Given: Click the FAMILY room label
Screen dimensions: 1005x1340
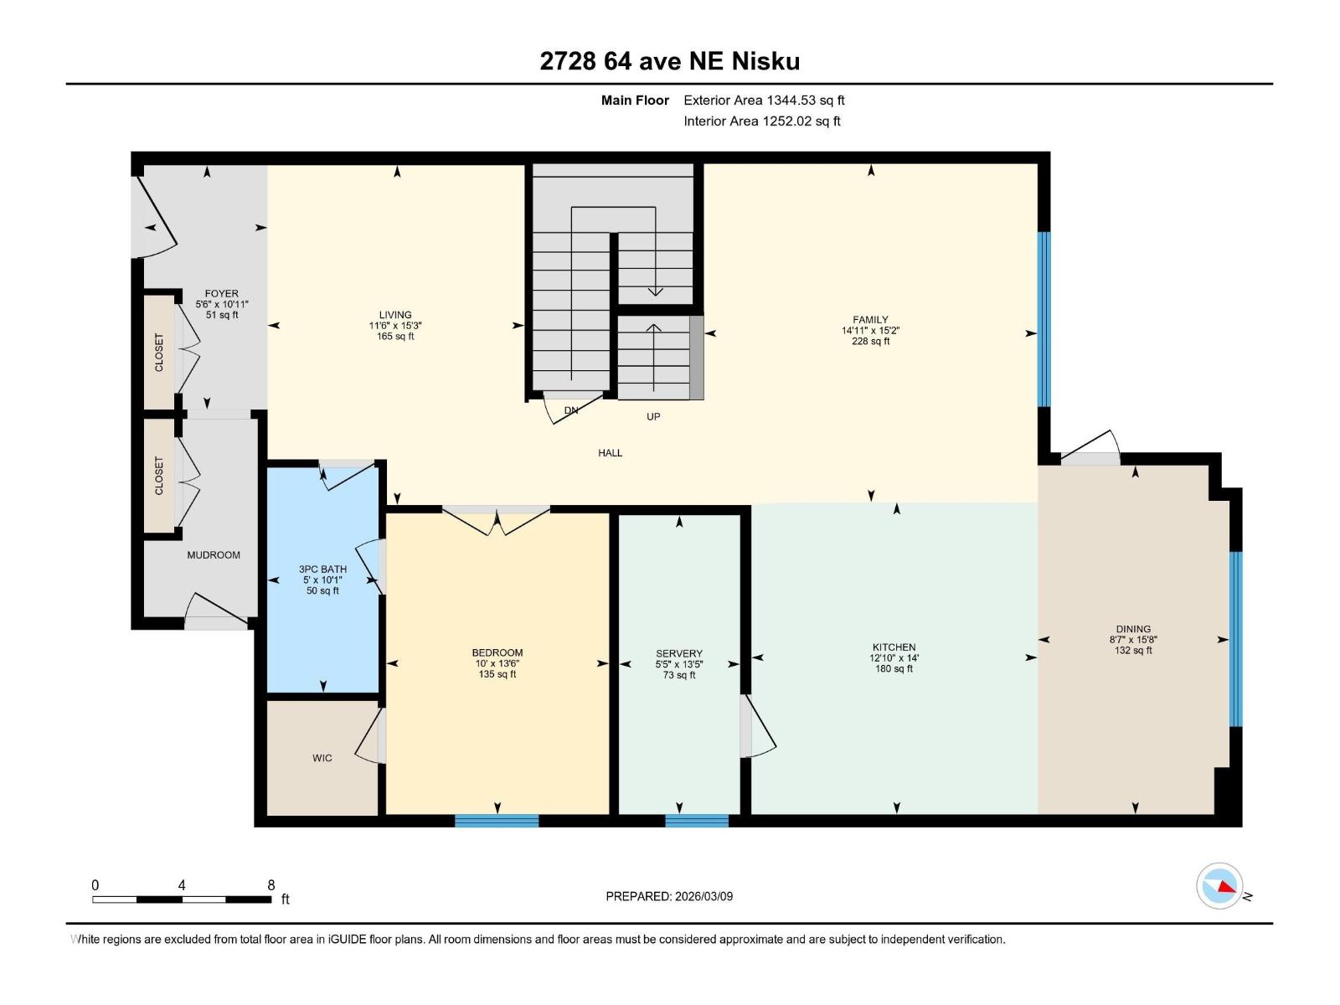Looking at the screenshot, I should (870, 319).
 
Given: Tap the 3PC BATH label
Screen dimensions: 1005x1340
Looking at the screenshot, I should (322, 569).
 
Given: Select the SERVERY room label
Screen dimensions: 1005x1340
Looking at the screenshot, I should (679, 653).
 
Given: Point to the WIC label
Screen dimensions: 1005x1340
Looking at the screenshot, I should (322, 758).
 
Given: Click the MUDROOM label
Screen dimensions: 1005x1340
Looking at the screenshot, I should (214, 554).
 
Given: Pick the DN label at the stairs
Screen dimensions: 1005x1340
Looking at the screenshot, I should (571, 410).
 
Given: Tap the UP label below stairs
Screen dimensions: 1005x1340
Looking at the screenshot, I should (653, 416).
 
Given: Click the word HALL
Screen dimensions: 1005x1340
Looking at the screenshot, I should (610, 452).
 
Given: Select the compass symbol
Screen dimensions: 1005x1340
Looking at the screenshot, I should (1219, 886).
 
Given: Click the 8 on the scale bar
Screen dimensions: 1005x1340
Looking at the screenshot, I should (271, 884).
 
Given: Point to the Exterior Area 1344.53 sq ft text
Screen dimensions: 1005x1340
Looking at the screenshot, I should (764, 100).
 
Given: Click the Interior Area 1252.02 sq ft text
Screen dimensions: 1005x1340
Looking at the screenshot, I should (761, 121).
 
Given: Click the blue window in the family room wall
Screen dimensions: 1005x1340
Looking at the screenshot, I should (1044, 318).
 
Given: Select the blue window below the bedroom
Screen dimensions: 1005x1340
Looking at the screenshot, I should (497, 821).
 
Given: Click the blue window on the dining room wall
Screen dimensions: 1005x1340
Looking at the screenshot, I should (1235, 638).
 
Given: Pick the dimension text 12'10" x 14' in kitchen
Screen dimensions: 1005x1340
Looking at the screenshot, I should (894, 658).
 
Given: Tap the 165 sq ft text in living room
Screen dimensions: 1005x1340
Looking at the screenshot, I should (395, 337).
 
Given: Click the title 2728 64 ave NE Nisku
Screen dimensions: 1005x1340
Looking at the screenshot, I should (669, 61).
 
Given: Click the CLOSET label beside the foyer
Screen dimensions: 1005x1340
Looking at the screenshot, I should (159, 353).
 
